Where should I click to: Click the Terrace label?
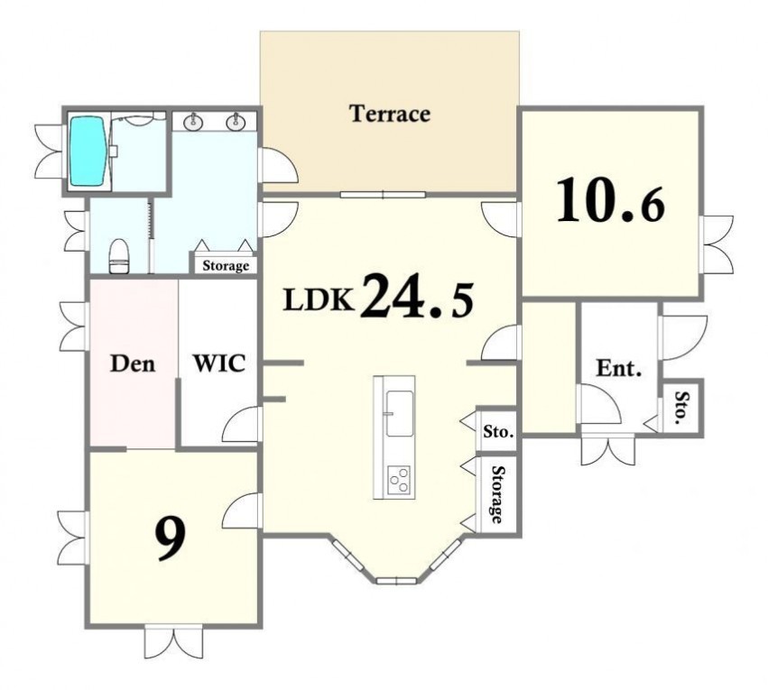pos(390,114)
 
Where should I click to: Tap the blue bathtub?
pos(88,150)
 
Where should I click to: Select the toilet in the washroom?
pos(118,256)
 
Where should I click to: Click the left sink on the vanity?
pos(193,122)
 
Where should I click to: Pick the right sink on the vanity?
pos(236,122)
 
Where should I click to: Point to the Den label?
pos(133,363)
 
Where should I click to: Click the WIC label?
pos(219,363)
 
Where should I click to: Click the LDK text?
pos(319,300)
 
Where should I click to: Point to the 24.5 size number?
pos(417,296)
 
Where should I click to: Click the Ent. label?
pos(618,368)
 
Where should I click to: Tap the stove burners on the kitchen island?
pos(399,479)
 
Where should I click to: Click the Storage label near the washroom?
pos(226,266)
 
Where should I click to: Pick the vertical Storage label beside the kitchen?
pos(497,495)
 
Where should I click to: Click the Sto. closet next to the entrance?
pos(681,407)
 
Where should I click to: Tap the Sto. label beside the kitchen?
pos(498,432)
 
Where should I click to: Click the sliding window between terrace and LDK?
pos(383,195)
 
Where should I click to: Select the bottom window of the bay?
pos(396,581)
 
